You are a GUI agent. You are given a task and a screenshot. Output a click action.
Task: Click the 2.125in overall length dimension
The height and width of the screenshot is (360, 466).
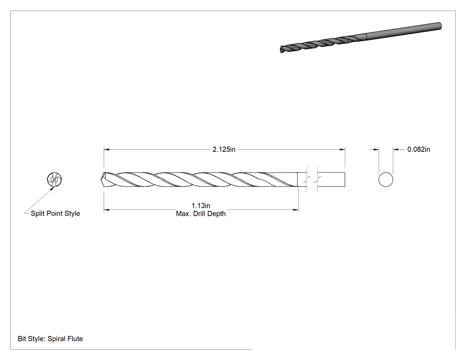pyautogui.click(x=224, y=150)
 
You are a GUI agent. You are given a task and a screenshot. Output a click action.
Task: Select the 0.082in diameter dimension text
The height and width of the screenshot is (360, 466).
pyautogui.click(x=419, y=150)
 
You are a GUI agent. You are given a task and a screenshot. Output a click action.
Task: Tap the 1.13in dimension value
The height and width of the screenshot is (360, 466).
pyautogui.click(x=201, y=206)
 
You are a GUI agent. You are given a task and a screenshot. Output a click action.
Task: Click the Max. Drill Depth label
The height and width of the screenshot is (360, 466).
pyautogui.click(x=201, y=214)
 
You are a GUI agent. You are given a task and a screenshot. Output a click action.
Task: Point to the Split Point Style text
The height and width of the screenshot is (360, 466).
pyautogui.click(x=55, y=214)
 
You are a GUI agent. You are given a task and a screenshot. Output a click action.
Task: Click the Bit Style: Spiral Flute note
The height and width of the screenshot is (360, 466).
pyautogui.click(x=50, y=339)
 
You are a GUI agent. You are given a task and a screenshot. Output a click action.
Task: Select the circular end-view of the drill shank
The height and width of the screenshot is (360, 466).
pyautogui.click(x=386, y=172)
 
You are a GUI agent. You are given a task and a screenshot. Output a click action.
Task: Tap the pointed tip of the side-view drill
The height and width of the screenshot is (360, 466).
pyautogui.click(x=99, y=179)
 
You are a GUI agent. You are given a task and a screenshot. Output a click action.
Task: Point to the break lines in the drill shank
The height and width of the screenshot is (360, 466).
pyautogui.click(x=312, y=179)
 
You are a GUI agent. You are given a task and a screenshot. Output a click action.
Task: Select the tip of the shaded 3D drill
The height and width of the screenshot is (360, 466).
pyautogui.click(x=281, y=50)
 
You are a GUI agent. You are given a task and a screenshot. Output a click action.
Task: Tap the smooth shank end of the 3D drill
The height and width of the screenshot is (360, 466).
pyautogui.click(x=440, y=26)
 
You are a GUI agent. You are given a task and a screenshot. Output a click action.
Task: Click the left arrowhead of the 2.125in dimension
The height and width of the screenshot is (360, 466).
pyautogui.click(x=107, y=150)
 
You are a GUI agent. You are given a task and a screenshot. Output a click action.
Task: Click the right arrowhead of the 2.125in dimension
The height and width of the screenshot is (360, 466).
pyautogui.click(x=342, y=150)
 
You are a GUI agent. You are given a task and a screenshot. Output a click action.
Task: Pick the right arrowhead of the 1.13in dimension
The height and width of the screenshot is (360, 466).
pyautogui.click(x=296, y=210)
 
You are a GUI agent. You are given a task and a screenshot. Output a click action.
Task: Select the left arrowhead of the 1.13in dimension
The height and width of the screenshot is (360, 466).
pyautogui.click(x=107, y=210)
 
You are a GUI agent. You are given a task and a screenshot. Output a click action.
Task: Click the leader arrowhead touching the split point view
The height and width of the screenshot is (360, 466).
pyautogui.click(x=53, y=189)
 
